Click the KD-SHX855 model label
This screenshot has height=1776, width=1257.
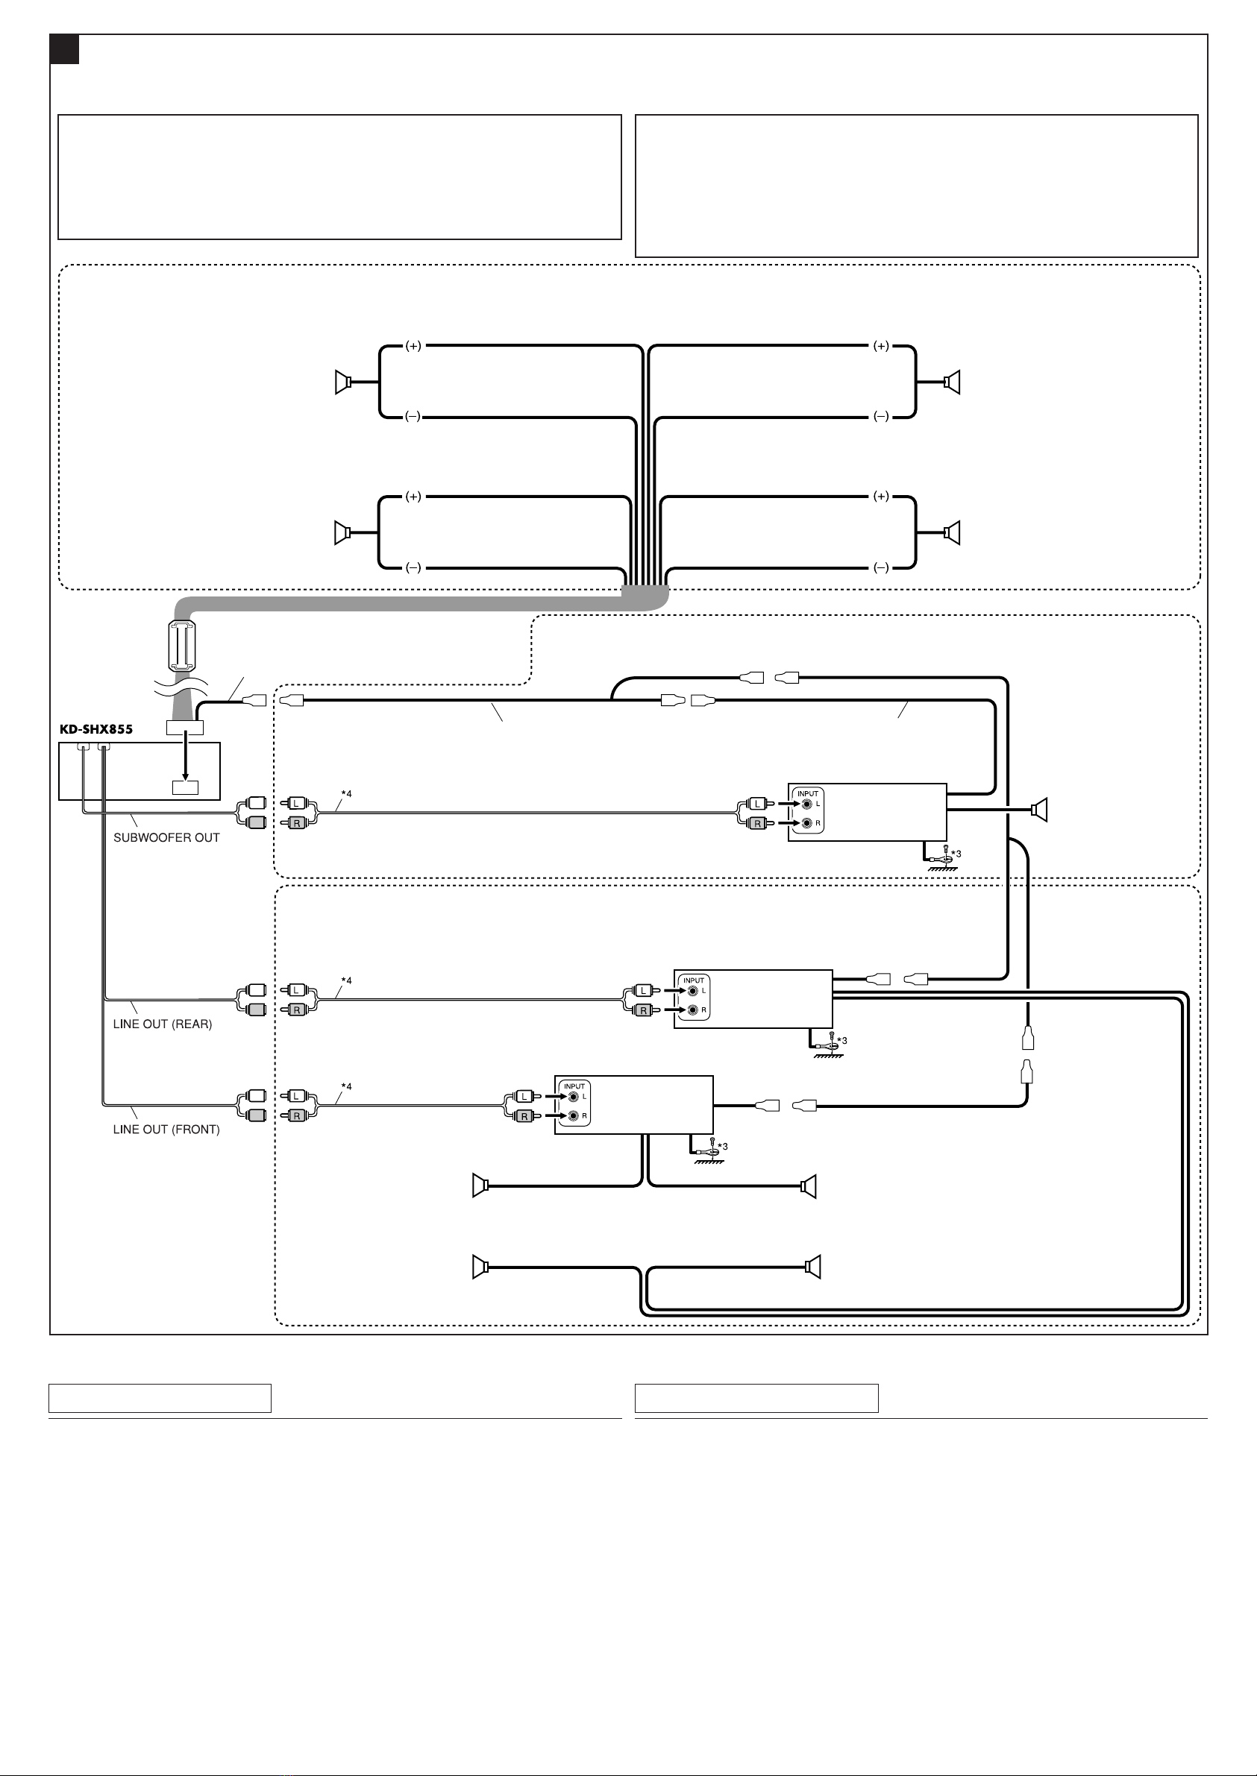(x=96, y=728)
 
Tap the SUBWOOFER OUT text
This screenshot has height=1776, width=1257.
(x=166, y=838)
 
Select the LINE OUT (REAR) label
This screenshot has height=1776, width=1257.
(x=163, y=1024)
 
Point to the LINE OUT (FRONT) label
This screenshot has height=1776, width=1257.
(x=166, y=1130)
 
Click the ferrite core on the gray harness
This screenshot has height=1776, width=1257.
(x=183, y=645)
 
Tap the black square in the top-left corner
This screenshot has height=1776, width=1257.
(x=64, y=48)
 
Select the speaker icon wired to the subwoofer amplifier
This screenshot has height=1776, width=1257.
(x=1039, y=810)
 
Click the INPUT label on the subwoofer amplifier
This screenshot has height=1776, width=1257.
(x=807, y=793)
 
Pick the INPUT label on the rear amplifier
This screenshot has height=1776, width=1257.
(x=694, y=980)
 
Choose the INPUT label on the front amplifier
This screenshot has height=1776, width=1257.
(x=574, y=1086)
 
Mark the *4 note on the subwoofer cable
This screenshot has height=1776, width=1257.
(x=347, y=793)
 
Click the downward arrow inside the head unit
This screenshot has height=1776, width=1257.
(x=185, y=758)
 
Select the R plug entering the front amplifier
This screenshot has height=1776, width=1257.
(x=524, y=1116)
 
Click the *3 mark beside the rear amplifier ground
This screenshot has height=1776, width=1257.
(x=842, y=1040)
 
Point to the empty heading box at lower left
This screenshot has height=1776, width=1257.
(x=160, y=1399)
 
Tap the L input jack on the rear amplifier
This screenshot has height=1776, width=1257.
(x=693, y=991)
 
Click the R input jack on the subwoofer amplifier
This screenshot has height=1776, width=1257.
(x=807, y=823)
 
